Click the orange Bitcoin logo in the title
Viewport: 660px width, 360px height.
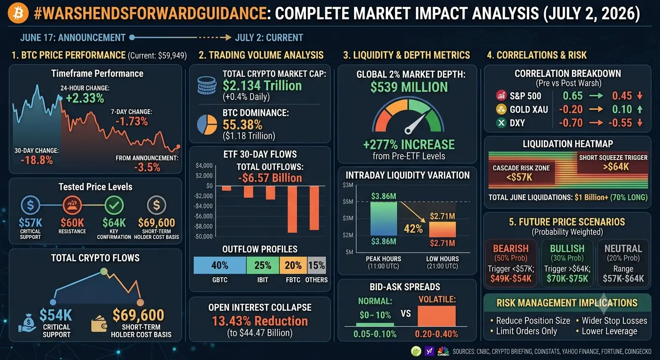click(x=18, y=13)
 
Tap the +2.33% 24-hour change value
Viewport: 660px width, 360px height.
click(x=85, y=98)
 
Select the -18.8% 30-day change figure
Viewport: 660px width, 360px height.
click(x=37, y=160)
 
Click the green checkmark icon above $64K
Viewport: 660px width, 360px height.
click(x=114, y=205)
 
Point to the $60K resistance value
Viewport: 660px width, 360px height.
click(x=72, y=223)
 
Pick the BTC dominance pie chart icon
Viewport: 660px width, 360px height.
click(x=207, y=125)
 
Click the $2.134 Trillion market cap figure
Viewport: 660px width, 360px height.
click(x=262, y=86)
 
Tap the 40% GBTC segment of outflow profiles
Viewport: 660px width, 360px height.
click(x=220, y=265)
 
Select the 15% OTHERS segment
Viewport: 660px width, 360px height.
click(x=317, y=265)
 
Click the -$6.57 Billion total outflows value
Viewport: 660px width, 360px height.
click(x=270, y=178)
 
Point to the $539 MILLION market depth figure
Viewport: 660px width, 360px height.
click(x=409, y=87)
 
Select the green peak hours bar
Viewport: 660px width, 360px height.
click(x=383, y=218)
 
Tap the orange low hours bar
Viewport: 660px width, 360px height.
click(x=442, y=230)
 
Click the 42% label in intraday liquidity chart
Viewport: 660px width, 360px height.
click(x=413, y=229)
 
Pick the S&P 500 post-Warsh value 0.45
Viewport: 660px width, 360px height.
click(x=622, y=96)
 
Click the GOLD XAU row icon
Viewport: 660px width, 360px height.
click(x=501, y=109)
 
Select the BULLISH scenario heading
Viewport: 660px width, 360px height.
click(x=567, y=248)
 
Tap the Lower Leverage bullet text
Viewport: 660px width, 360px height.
click(x=609, y=331)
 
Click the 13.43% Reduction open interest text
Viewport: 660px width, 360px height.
click(x=260, y=321)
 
